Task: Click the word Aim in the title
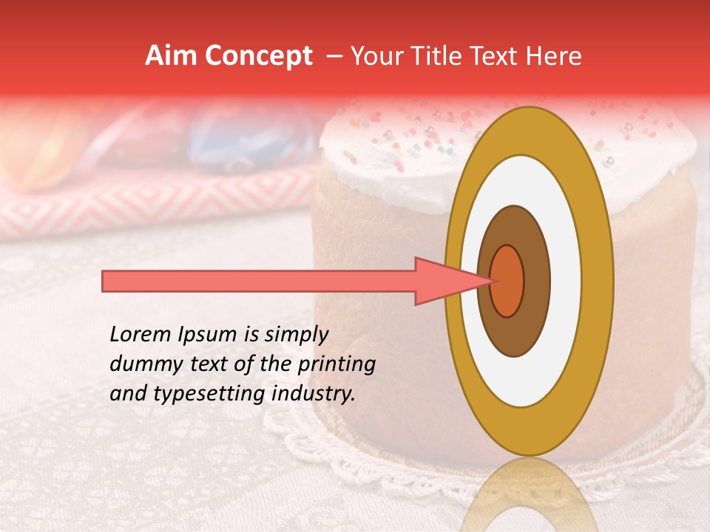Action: pos(171,56)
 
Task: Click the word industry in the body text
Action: pos(314,394)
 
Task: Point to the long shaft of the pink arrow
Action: pos(259,281)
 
